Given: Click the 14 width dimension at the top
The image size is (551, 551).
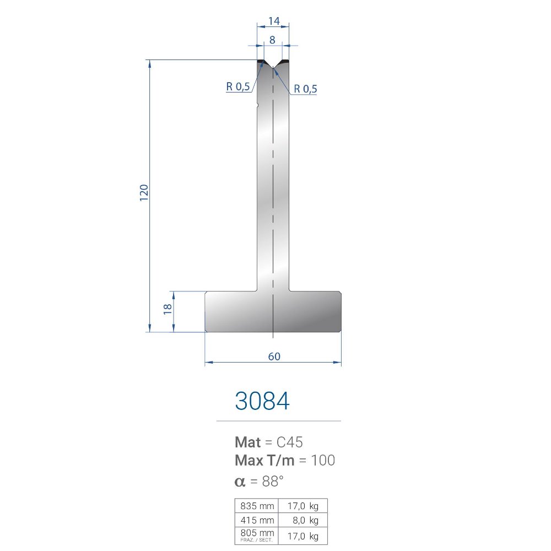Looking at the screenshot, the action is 274,21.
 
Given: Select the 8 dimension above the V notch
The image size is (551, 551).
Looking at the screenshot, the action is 272,40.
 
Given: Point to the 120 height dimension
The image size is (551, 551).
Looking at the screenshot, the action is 144,192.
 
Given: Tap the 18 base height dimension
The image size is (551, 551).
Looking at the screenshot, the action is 168,309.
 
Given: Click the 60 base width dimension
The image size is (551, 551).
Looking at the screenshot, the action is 274,356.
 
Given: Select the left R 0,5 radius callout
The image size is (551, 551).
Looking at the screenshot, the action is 238,87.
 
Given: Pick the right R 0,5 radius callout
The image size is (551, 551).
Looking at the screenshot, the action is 305,89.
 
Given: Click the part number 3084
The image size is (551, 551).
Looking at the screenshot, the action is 262,401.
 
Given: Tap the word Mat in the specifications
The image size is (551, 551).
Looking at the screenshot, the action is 248,442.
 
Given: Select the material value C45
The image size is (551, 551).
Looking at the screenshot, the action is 290,442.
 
